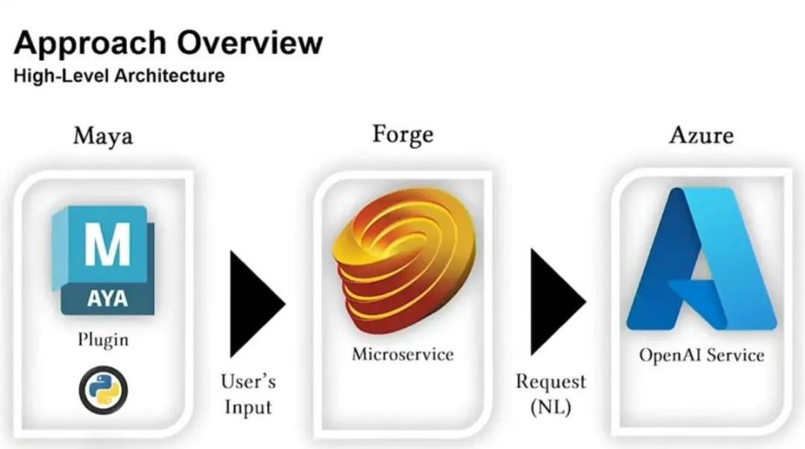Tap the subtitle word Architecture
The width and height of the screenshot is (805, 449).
click(169, 76)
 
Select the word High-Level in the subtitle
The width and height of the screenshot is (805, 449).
click(61, 76)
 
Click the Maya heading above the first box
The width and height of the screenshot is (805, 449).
click(103, 137)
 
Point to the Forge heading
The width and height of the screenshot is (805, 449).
click(403, 135)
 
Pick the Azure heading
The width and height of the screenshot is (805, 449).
click(701, 135)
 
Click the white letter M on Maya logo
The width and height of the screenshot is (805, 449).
click(107, 244)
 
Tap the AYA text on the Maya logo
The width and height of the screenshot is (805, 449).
click(107, 299)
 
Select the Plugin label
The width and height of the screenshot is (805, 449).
click(103, 340)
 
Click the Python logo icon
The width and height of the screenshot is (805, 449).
click(103, 390)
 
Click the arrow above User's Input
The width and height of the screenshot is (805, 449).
click(257, 304)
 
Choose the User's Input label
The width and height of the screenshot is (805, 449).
click(248, 394)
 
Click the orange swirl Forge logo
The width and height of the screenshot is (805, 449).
click(404, 260)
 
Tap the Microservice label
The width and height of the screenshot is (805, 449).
click(403, 354)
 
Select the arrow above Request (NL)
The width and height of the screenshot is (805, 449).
click(558, 302)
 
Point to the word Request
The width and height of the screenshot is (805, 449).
click(551, 382)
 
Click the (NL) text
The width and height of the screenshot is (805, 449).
click(551, 407)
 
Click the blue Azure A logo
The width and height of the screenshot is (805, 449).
click(701, 259)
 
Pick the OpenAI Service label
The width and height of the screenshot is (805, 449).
click(702, 355)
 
